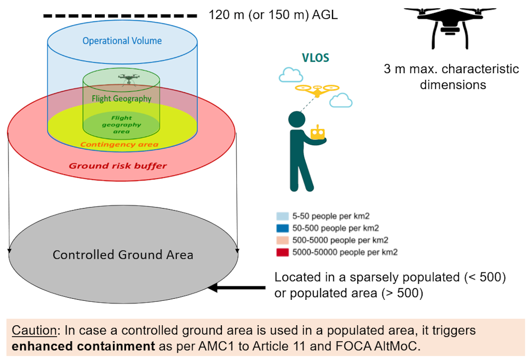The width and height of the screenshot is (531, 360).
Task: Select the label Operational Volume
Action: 122,41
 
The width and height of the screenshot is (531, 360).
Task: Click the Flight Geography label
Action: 121,99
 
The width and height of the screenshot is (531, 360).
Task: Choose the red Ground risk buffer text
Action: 118,166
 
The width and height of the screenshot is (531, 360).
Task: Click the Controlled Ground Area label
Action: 123,255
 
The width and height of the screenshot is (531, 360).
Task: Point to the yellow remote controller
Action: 317,134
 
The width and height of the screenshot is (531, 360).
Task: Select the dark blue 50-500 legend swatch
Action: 282,228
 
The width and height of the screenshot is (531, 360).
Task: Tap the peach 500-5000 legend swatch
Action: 282,240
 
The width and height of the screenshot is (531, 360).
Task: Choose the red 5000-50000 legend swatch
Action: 282,253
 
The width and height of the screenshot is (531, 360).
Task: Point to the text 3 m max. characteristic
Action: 452,69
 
